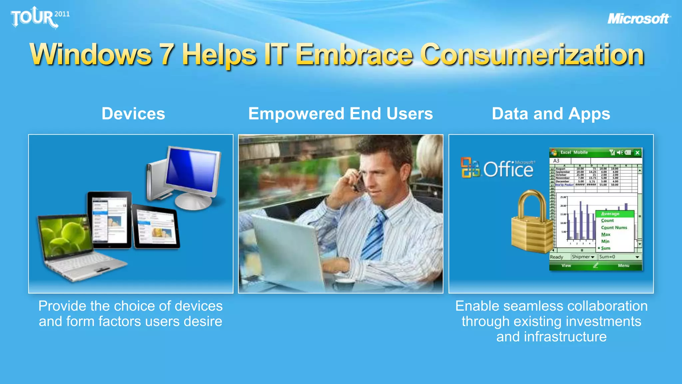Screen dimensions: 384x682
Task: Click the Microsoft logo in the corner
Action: pyautogui.click(x=639, y=19)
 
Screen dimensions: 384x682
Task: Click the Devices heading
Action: pyautogui.click(x=133, y=114)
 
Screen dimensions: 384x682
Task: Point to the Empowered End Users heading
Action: pyautogui.click(x=340, y=114)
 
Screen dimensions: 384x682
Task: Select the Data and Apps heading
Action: pyautogui.click(x=551, y=114)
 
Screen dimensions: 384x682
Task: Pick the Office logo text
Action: pyautogui.click(x=508, y=169)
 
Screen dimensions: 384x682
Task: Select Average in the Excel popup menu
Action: pyautogui.click(x=610, y=214)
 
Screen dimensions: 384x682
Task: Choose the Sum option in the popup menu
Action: pyautogui.click(x=605, y=248)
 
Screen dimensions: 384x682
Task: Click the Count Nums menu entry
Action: pyautogui.click(x=614, y=227)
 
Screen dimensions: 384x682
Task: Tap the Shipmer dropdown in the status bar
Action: pyautogui.click(x=583, y=257)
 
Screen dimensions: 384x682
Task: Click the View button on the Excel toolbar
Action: pyautogui.click(x=566, y=266)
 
